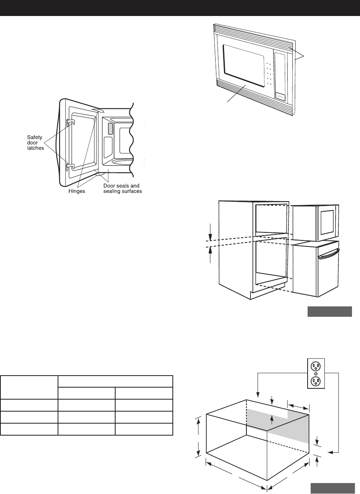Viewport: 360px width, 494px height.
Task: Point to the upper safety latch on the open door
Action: [69, 121]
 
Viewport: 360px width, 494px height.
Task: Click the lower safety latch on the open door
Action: [69, 166]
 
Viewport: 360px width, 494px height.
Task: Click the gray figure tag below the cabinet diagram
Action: [329, 312]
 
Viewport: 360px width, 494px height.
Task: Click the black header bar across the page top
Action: [180, 8]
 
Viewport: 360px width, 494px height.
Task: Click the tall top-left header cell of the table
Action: [29, 387]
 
